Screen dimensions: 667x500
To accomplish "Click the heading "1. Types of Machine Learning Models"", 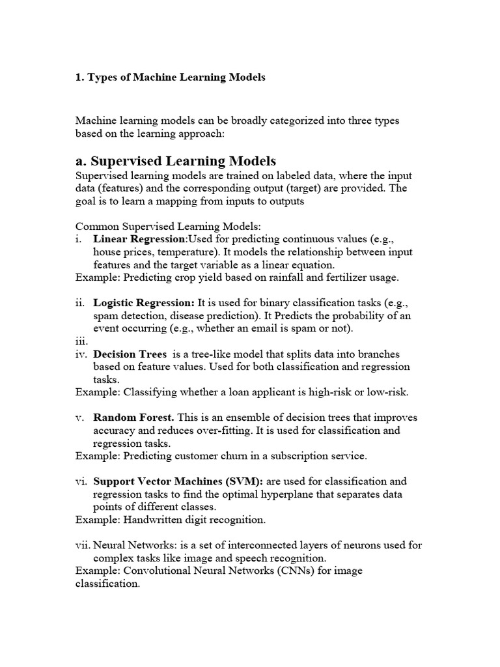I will pyautogui.click(x=171, y=78).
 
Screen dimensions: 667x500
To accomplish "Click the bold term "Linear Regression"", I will pyautogui.click(x=131, y=239).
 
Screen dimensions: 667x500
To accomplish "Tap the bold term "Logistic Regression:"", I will pyautogui.click(x=144, y=303).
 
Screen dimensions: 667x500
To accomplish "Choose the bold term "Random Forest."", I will pyautogui.click(x=133, y=418).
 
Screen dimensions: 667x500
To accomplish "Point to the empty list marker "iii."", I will pyautogui.click(x=81, y=341).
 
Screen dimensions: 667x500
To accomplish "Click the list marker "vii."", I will pyautogui.click(x=83, y=545).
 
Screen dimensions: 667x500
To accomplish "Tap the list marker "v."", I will pyautogui.click(x=81, y=418).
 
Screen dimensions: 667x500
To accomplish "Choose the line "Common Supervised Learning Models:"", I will pyautogui.click(x=168, y=227).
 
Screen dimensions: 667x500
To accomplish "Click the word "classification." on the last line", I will pyautogui.click(x=107, y=584).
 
